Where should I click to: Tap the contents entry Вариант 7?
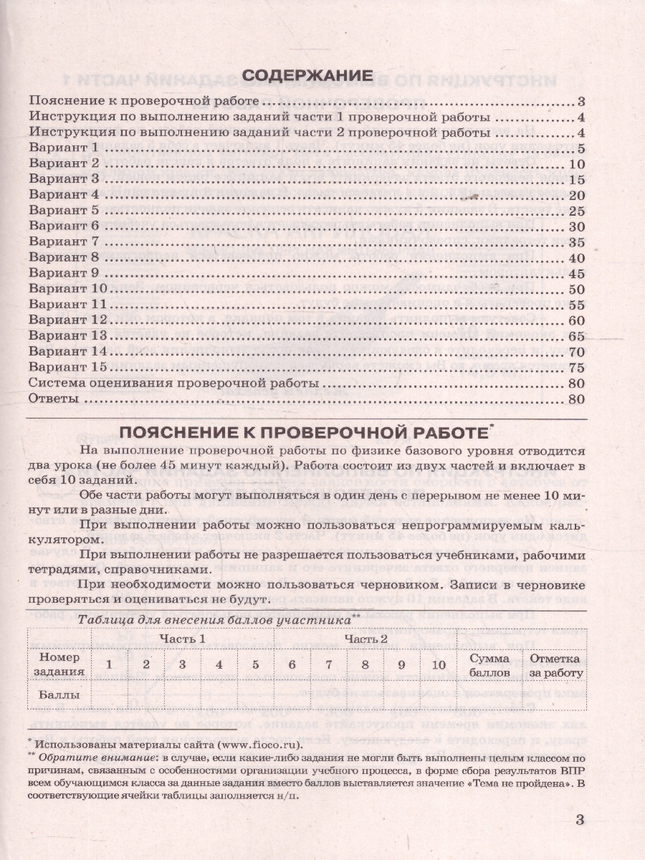(63, 242)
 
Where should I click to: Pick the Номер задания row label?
(57, 664)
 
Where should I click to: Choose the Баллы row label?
(56, 694)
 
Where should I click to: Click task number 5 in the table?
(256, 664)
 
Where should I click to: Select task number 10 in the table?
(439, 664)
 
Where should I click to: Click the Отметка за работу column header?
(556, 664)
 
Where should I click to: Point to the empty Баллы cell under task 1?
(109, 694)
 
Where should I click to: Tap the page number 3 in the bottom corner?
(581, 821)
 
